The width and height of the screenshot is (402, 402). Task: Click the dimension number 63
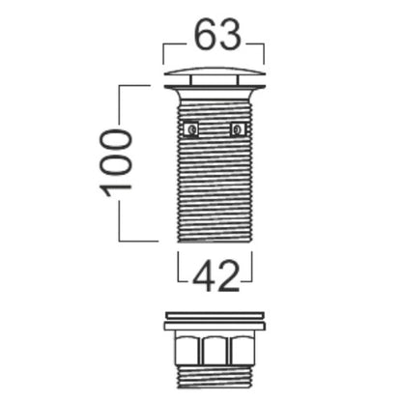[218, 35]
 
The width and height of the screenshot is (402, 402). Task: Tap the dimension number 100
[116, 163]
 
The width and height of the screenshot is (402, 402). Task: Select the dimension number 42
[216, 276]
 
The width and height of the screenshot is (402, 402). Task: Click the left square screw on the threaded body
[191, 129]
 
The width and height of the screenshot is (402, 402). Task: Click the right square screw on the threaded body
[239, 129]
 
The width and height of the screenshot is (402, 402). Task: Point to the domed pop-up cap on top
[215, 72]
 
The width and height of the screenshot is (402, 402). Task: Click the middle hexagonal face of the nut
[215, 350]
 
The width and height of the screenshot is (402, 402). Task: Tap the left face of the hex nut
[188, 350]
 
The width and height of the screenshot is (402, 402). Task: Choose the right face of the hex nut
[242, 350]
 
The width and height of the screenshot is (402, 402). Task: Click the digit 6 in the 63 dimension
[207, 35]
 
